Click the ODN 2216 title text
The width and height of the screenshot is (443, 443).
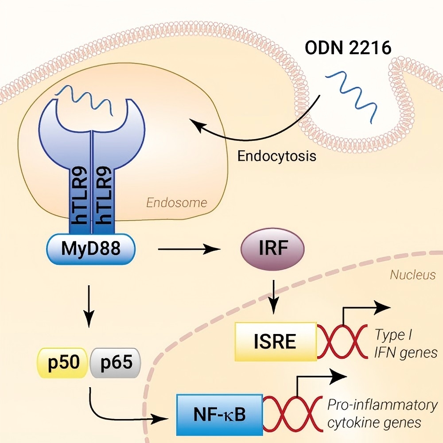click(348, 47)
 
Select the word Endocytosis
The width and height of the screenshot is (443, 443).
click(277, 156)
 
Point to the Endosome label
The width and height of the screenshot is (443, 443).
click(176, 203)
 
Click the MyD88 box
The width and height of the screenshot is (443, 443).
click(91, 249)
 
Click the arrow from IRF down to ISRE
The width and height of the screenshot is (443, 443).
click(275, 295)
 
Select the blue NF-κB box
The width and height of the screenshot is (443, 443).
click(219, 414)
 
